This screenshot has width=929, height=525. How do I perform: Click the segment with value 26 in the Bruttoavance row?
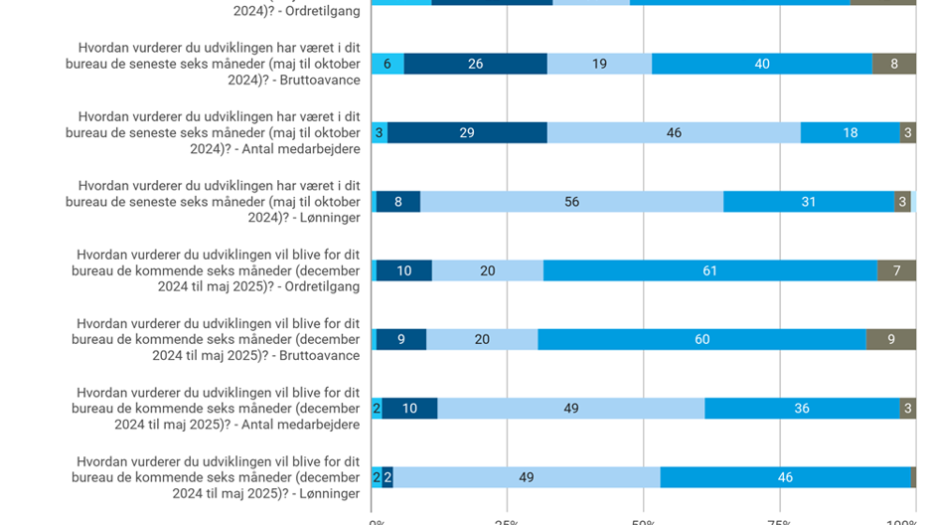pos(475,64)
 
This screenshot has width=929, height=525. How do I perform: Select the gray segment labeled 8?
pos(893,64)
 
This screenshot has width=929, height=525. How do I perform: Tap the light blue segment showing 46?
pos(674,132)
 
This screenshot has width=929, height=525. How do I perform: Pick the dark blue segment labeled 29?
pos(467,132)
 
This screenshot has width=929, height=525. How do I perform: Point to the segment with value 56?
pos(571,202)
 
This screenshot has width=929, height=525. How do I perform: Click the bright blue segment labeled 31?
pos(808,202)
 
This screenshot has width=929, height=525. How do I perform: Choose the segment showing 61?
pos(709,270)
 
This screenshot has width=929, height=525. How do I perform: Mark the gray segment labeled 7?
pos(896,270)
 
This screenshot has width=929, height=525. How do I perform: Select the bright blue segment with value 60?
pos(701,339)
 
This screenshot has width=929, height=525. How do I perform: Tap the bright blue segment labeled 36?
pos(803,409)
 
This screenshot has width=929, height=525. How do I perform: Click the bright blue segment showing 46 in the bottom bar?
pos(785,477)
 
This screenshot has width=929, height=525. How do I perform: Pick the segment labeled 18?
pos(850,132)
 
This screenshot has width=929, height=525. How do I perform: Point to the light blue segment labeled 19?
pos(599,64)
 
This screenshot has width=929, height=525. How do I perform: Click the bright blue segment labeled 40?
pos(761,64)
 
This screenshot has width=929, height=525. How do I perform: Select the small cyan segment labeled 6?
pos(387,64)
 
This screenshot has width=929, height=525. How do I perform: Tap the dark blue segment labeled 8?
pos(397,202)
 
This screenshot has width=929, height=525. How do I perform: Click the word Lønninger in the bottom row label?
pos(325,493)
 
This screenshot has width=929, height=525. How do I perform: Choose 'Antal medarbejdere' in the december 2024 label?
pos(299,425)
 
